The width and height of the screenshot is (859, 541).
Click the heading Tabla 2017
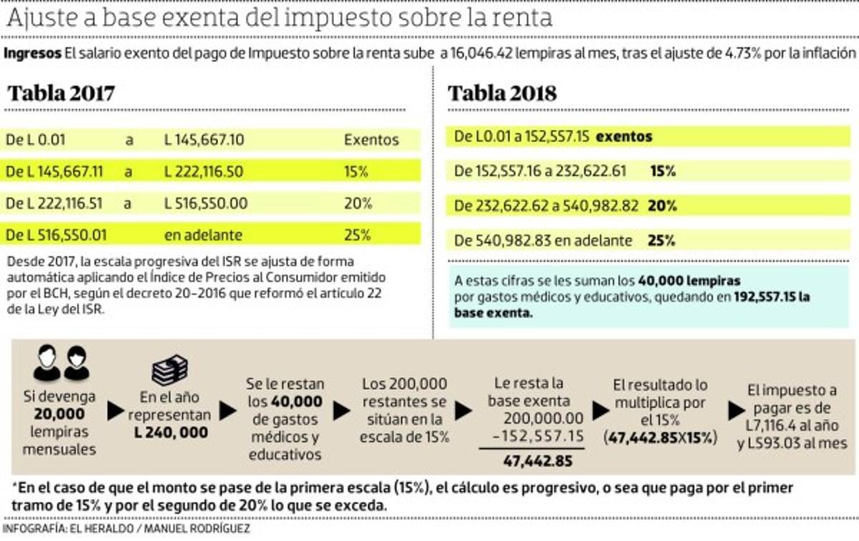[61, 94]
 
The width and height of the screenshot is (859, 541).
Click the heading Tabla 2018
[503, 94]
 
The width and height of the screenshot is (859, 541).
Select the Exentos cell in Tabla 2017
[371, 140]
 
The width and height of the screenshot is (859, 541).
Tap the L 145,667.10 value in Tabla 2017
[204, 140]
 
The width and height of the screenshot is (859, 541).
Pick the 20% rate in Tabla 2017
[358, 203]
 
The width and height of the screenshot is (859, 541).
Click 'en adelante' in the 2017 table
[203, 235]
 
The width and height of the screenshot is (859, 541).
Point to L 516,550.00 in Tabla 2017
[206, 203]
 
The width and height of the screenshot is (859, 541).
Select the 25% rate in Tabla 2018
[662, 240]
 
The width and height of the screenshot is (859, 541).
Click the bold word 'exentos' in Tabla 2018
[624, 137]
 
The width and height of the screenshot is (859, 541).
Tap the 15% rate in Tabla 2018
[664, 171]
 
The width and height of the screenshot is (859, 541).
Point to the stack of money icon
[170, 369]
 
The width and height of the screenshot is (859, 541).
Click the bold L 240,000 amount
[171, 432]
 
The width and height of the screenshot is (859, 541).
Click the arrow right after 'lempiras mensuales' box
[115, 411]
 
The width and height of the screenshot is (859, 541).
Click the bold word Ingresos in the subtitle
[33, 54]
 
